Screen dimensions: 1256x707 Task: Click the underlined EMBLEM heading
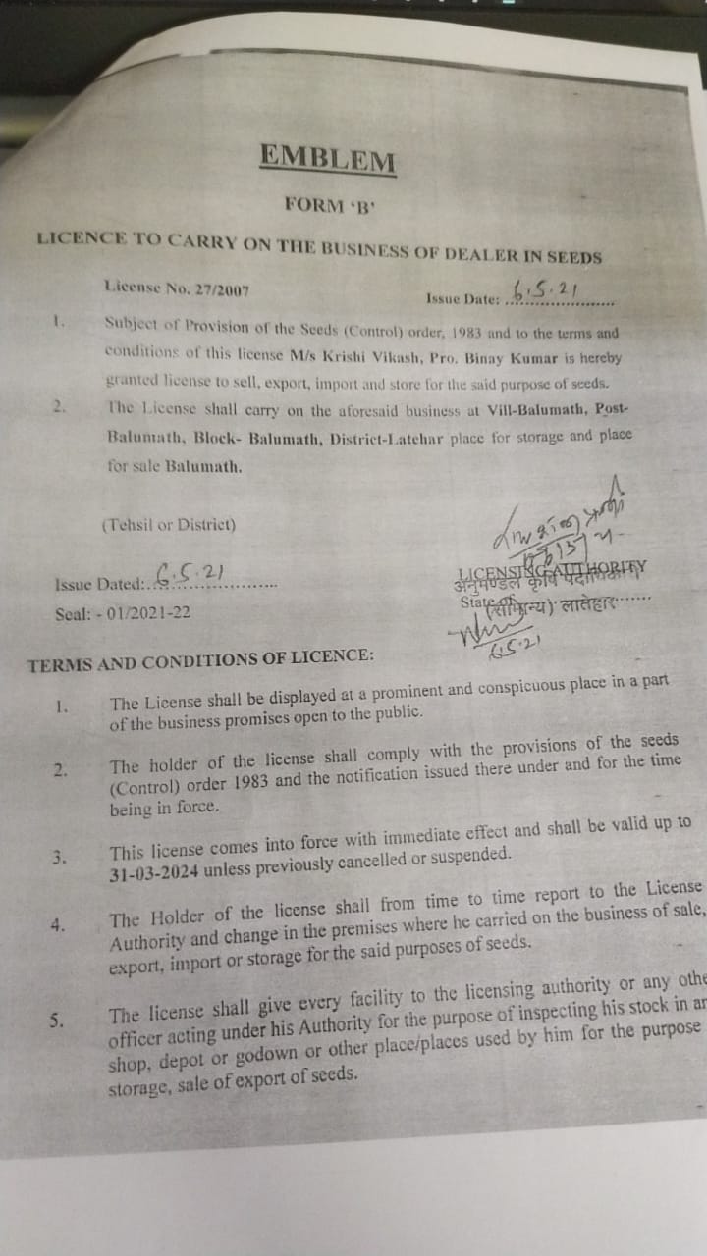point(328,157)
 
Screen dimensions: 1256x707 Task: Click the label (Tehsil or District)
point(169,524)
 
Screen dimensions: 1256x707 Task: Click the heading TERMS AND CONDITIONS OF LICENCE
point(200,662)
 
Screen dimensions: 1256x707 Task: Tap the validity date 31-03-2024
point(157,874)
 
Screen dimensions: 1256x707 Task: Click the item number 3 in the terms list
point(60,857)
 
